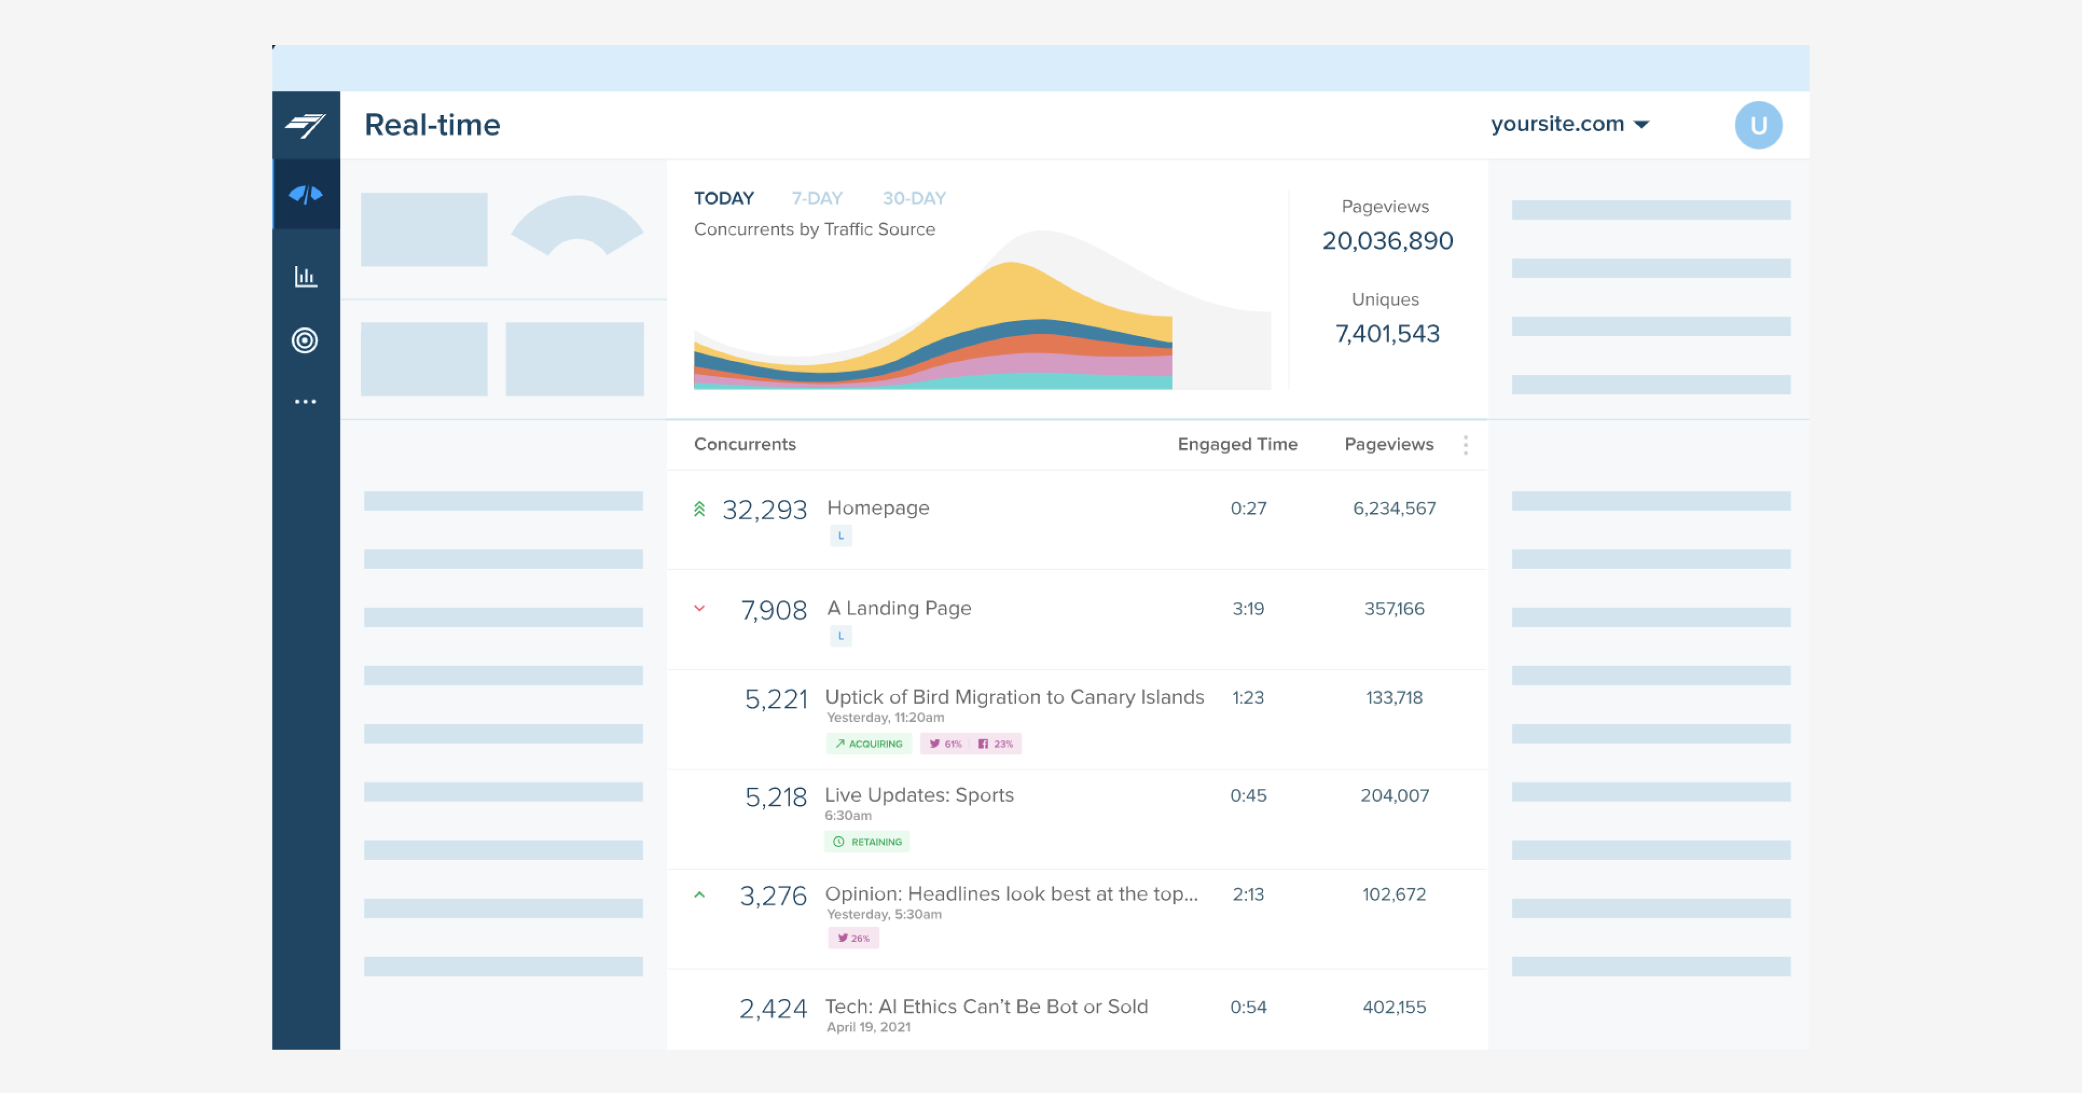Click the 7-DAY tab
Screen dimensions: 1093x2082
pos(816,198)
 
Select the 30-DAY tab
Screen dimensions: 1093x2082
pos(913,198)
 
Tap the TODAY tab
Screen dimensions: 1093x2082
pos(723,198)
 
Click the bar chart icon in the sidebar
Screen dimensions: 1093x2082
pos(305,276)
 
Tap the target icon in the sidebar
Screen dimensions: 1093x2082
pos(305,341)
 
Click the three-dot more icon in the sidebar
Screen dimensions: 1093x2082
pos(305,402)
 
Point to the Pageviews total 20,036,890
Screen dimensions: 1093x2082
pos(1387,241)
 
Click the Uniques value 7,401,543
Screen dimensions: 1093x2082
pos(1387,334)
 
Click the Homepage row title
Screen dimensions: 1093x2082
pos(878,508)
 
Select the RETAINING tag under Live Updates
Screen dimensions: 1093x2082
pos(867,841)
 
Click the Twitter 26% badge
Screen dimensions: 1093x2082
pos(854,938)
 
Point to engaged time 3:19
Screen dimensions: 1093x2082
pos(1248,609)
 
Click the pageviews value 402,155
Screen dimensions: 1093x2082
pos(1394,1007)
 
